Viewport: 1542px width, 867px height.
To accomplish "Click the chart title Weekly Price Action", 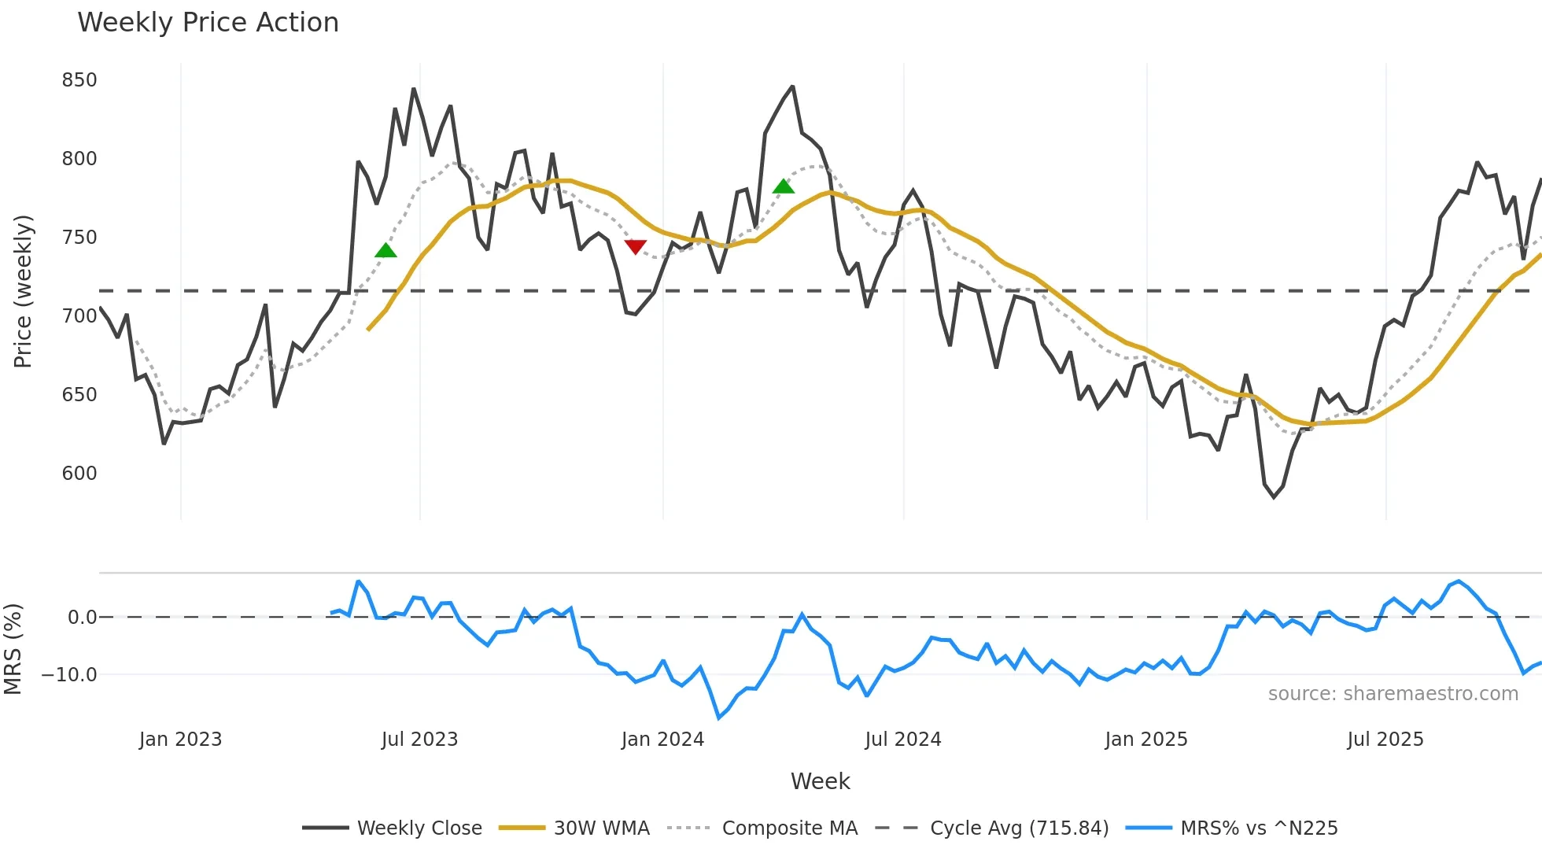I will click(x=208, y=23).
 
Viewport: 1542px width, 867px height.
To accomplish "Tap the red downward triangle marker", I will click(x=635, y=247).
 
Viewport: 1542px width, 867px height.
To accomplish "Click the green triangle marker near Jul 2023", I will click(x=385, y=251).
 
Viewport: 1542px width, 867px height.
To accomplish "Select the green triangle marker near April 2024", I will click(x=784, y=186).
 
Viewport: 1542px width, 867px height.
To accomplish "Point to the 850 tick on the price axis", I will click(x=79, y=80).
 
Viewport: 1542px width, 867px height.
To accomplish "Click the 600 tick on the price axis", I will click(x=79, y=474).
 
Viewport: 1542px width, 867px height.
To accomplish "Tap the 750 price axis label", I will click(x=79, y=238).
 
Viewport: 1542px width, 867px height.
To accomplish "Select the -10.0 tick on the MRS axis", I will click(x=69, y=675).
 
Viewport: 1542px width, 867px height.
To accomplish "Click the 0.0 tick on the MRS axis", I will click(x=82, y=618).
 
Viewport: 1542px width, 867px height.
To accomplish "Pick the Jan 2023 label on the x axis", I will click(x=180, y=740).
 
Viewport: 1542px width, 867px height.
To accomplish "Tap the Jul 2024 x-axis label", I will click(x=902, y=740).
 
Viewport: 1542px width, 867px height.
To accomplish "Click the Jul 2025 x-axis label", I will click(x=1385, y=740).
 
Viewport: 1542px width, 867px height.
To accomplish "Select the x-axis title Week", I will click(x=820, y=781).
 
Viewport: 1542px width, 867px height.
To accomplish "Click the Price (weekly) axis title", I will click(x=24, y=291).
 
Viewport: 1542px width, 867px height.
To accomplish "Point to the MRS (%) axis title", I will click(x=13, y=649).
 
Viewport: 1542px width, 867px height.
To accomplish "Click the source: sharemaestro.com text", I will click(x=1393, y=694).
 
